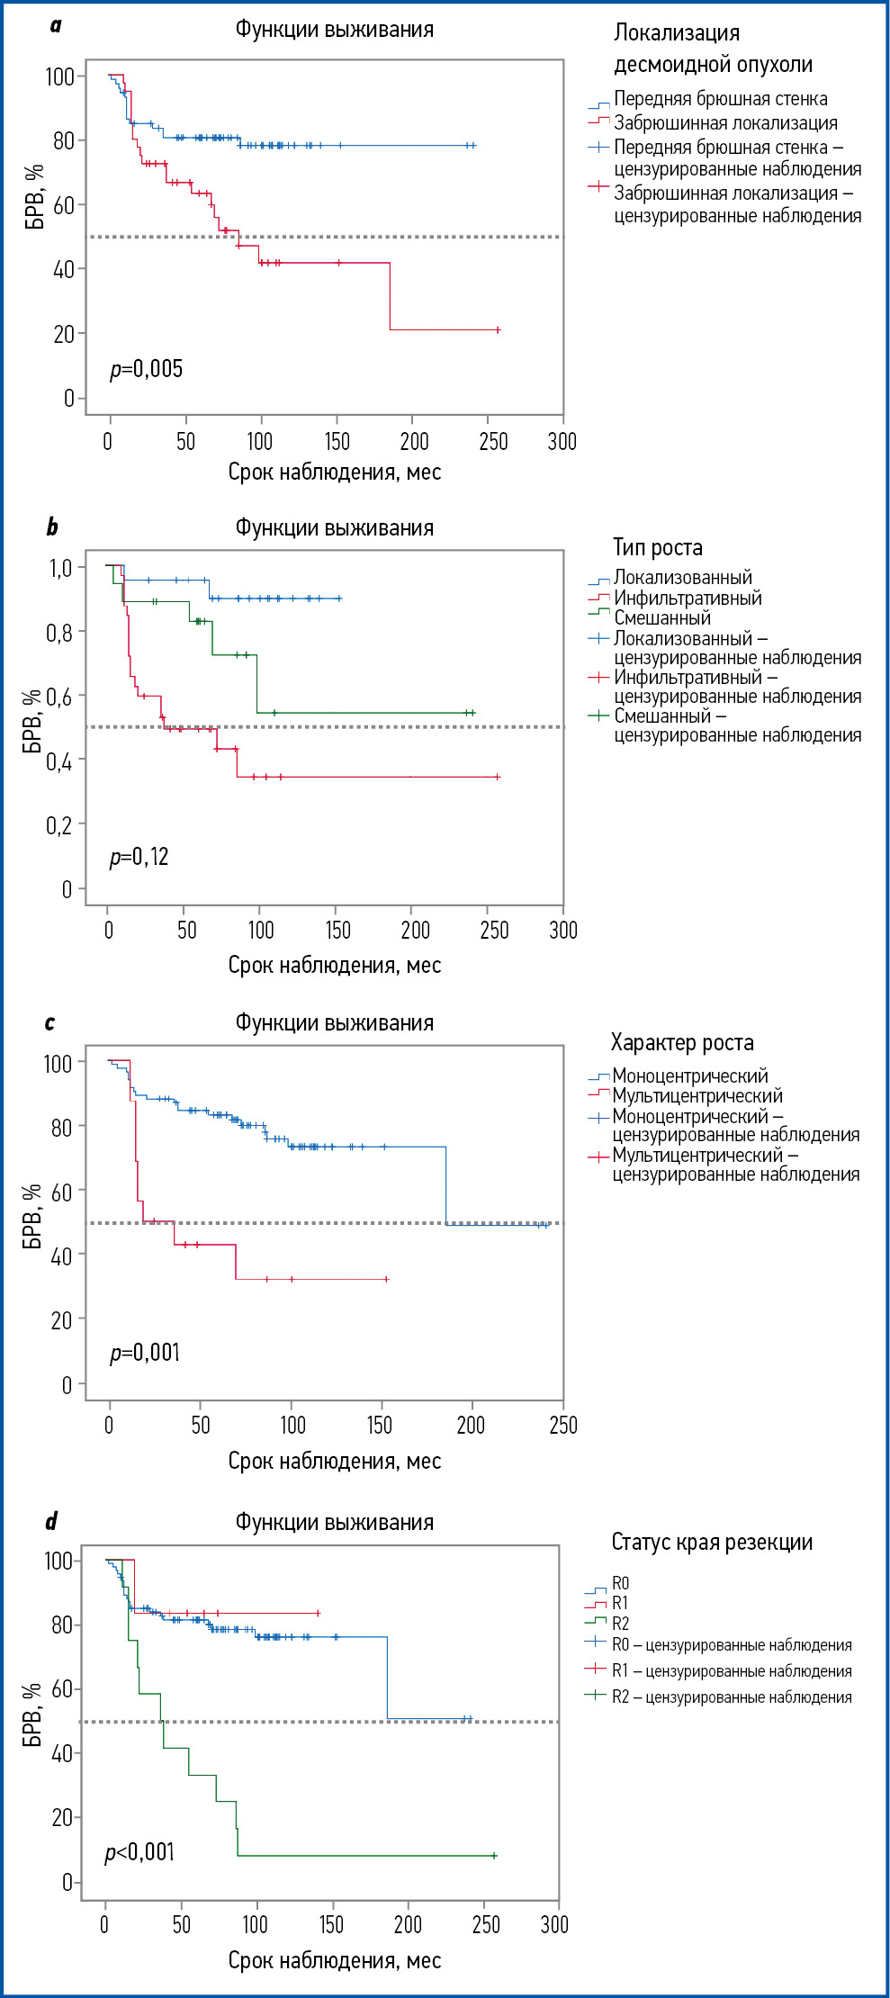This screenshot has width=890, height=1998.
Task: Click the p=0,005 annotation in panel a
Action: pos(146,369)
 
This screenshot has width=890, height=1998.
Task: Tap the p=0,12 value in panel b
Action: pos(139,857)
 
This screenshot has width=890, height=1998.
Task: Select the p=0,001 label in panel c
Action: pos(145,1353)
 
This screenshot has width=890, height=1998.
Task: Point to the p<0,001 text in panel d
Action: pos(139,1851)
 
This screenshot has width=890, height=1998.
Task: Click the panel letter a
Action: pos(56,25)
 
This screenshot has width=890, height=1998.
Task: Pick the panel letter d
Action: pos(51,1521)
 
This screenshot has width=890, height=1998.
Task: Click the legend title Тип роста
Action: pos(658,547)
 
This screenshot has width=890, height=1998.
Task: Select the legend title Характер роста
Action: pos(682,1042)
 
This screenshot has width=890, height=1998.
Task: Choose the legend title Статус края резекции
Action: pos(712,1542)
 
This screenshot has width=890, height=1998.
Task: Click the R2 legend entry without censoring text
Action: pos(620,1624)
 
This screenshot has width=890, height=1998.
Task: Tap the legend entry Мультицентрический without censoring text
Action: pos(697,1095)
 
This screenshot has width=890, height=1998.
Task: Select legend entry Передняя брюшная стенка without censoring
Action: pos(720,99)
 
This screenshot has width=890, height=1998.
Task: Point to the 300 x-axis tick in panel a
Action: pos(562,441)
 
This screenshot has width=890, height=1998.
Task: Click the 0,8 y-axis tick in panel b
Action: pos(59,633)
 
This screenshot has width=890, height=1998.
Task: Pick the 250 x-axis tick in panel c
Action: pos(563,1425)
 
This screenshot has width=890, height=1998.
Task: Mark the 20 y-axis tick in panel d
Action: pos(60,1817)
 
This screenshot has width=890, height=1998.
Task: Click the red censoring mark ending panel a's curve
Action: pos(498,330)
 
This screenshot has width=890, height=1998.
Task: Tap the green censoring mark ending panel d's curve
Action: pos(494,1856)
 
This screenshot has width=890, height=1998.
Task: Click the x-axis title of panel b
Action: pos(334,965)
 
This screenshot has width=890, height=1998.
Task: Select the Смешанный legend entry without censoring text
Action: pos(662,617)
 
